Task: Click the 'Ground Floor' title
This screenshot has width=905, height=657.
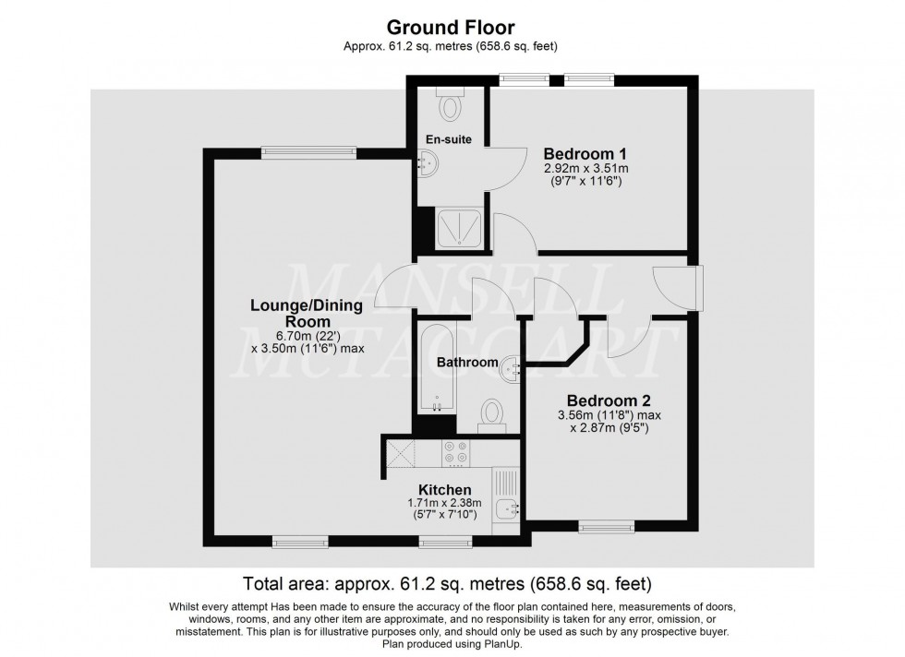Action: pyautogui.click(x=452, y=27)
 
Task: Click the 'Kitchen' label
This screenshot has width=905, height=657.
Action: pyautogui.click(x=445, y=489)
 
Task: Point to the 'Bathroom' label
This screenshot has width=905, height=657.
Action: pyautogui.click(x=467, y=363)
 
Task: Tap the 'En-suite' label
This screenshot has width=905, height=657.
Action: pyautogui.click(x=449, y=139)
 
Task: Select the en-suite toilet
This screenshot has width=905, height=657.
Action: pyautogui.click(x=450, y=104)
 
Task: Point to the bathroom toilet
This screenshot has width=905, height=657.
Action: pyautogui.click(x=492, y=414)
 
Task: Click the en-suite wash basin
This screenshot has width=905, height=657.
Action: pyautogui.click(x=429, y=165)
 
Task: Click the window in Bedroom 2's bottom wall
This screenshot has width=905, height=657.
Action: pyautogui.click(x=607, y=527)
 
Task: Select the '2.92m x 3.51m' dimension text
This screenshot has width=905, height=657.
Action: pyautogui.click(x=585, y=168)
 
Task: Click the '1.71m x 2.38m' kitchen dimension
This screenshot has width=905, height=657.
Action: pyautogui.click(x=442, y=503)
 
